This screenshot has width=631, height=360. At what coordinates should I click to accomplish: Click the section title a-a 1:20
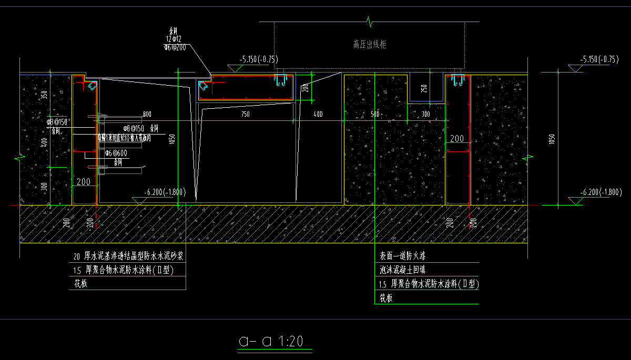(x=271, y=341)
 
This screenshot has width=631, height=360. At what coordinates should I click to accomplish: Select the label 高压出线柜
(x=370, y=45)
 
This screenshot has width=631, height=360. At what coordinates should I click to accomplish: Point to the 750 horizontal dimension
(x=245, y=114)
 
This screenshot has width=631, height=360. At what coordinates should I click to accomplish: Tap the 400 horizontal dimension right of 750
(x=318, y=114)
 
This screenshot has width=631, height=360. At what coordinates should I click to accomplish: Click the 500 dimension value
(x=375, y=114)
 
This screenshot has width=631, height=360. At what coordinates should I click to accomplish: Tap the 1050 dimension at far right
(x=552, y=138)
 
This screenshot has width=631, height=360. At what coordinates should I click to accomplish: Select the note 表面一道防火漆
(x=403, y=257)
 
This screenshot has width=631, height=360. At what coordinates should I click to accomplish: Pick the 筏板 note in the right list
(x=386, y=298)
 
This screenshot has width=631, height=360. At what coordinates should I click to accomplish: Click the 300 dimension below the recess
(x=425, y=114)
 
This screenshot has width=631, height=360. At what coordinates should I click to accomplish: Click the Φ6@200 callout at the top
(x=174, y=47)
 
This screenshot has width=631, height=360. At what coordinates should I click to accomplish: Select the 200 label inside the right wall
(x=457, y=139)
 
